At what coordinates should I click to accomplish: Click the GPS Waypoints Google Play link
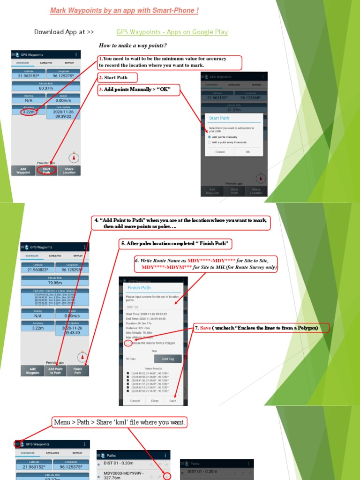pyautogui.click(x=172, y=32)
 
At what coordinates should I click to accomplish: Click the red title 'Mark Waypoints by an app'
pyautogui.click(x=124, y=10)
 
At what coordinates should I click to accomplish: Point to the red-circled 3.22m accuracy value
pyautogui.click(x=29, y=112)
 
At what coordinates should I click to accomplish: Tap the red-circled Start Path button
pyautogui.click(x=46, y=171)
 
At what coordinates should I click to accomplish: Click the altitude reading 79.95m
pyautogui.click(x=55, y=283)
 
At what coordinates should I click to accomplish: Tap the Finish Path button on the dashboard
pyautogui.click(x=78, y=371)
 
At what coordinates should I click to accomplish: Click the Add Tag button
pyautogui.click(x=167, y=359)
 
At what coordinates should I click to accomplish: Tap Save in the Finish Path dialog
pyautogui.click(x=173, y=401)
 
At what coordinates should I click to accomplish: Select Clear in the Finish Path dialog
pyautogui.click(x=154, y=401)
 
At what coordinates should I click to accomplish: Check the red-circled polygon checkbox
pyautogui.click(x=127, y=343)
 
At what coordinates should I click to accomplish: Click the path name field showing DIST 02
pyautogui.click(x=153, y=307)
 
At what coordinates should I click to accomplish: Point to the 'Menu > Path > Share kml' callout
pyautogui.click(x=120, y=422)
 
